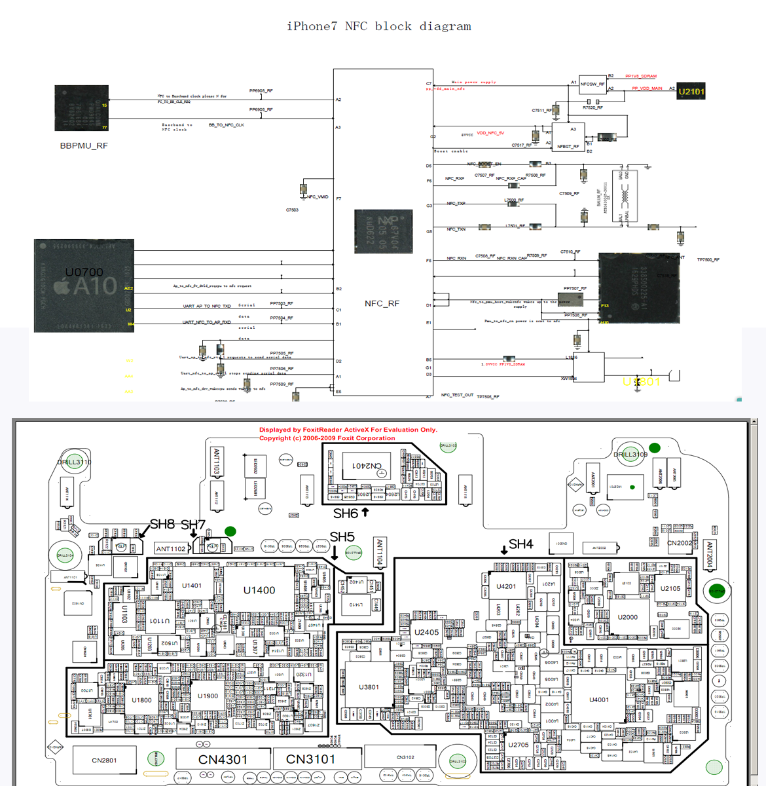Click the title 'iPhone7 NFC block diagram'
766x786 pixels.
pos(378,26)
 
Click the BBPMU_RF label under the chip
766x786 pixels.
pos(84,145)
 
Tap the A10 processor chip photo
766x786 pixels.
pos(84,285)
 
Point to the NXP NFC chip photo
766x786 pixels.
pos(383,231)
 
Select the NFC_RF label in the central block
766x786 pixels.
pos(382,303)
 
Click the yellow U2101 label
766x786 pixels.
pos(691,92)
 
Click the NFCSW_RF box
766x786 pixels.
pos(593,84)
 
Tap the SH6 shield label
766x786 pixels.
pos(346,514)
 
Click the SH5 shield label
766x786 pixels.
pos(342,537)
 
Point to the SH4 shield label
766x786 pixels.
pos(520,544)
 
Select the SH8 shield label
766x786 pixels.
pos(162,524)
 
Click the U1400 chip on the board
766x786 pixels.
pos(259,590)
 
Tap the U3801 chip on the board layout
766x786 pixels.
pos(369,687)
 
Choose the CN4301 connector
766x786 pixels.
pos(223,760)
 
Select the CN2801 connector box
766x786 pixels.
pos(104,760)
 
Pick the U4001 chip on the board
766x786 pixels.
pos(598,700)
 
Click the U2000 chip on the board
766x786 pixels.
pos(627,617)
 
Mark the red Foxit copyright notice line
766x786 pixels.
pos(327,438)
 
